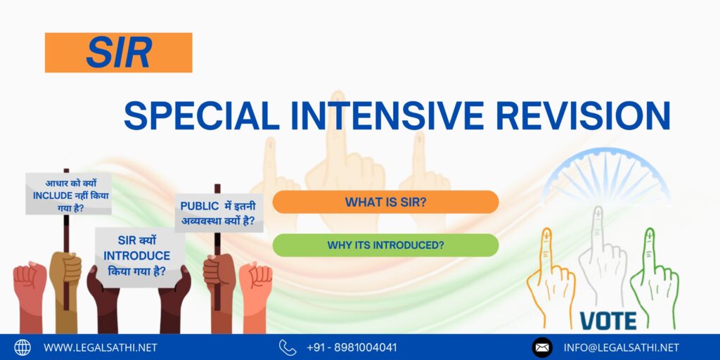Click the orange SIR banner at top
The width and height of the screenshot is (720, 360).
pyautogui.click(x=118, y=52)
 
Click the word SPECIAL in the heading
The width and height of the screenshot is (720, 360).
pyautogui.click(x=202, y=116)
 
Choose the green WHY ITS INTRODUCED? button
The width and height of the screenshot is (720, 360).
pyautogui.click(x=386, y=245)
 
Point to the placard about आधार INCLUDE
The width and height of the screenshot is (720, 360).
pyautogui.click(x=68, y=194)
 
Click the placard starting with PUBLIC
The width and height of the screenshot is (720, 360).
pyautogui.click(x=219, y=213)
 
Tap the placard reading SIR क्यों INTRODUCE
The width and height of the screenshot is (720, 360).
pyautogui.click(x=138, y=256)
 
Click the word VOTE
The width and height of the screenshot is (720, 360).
pyautogui.click(x=608, y=321)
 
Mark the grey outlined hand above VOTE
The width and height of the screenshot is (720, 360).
pyautogui.click(x=603, y=259)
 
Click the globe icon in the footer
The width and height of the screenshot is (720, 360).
pyautogui.click(x=22, y=347)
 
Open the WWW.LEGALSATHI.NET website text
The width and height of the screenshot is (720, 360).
pyautogui.click(x=100, y=347)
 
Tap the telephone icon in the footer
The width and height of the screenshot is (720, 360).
pyautogui.click(x=288, y=347)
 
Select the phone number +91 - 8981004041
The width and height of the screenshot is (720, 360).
pyautogui.click(x=352, y=347)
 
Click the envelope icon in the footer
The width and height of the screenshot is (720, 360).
pyautogui.click(x=542, y=347)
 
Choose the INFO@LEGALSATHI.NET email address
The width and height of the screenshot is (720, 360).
pyautogui.click(x=622, y=347)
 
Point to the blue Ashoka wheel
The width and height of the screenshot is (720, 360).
pyautogui.click(x=606, y=175)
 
